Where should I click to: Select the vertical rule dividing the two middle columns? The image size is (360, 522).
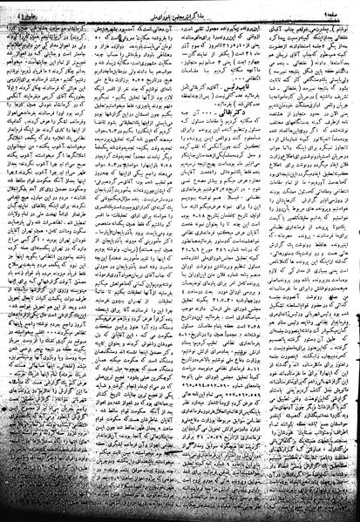coord(180,261)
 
